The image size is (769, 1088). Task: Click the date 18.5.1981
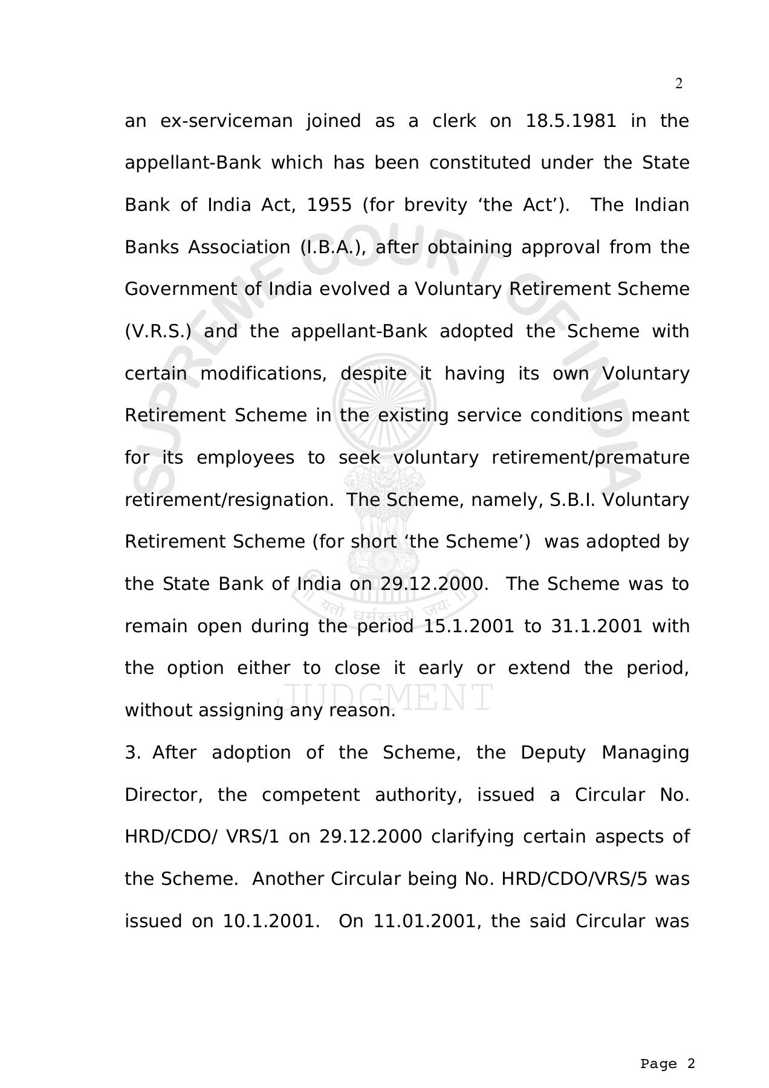point(571,121)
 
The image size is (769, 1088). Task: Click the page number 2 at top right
point(678,84)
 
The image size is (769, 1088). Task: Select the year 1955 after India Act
point(329,205)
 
